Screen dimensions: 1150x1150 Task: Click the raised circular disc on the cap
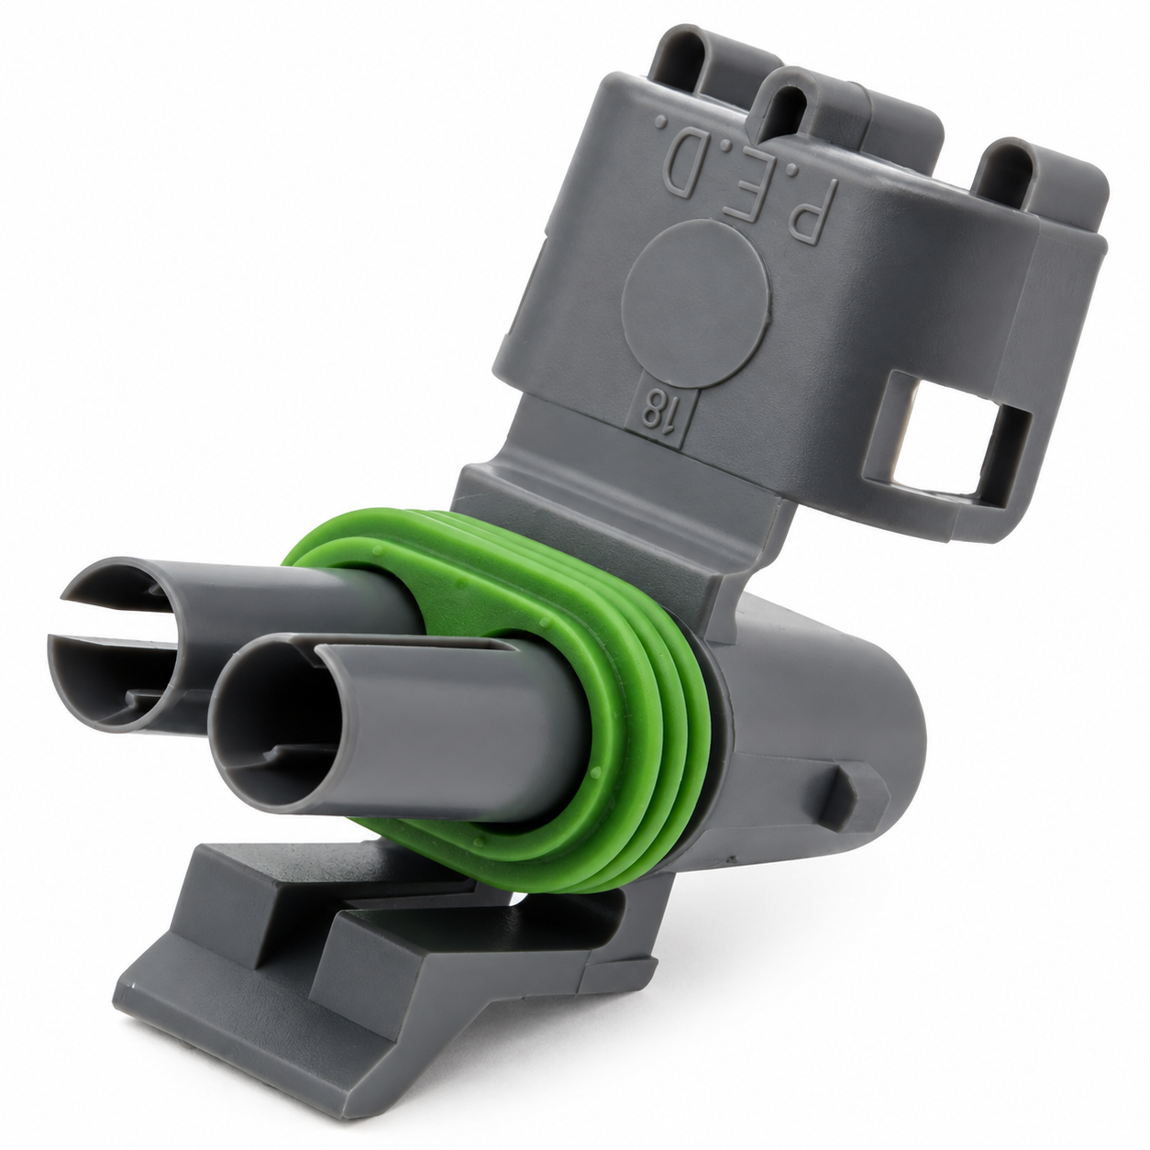[x=694, y=304]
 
